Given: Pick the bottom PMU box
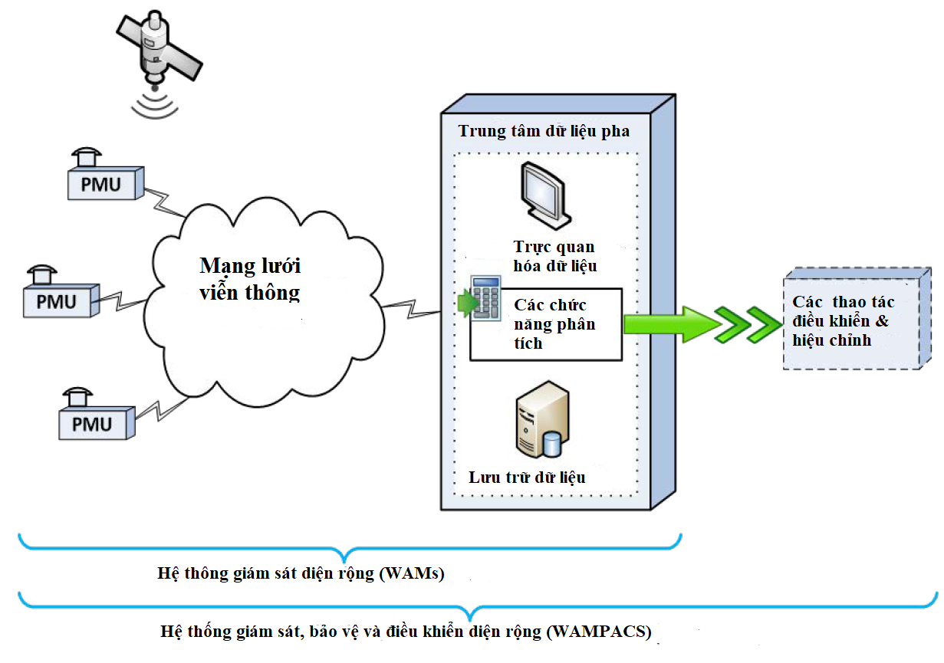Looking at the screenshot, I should [93, 422].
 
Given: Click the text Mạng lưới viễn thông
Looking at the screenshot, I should [250, 279].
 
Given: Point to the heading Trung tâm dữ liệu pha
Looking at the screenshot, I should [544, 131].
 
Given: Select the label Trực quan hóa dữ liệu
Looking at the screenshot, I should [554, 257].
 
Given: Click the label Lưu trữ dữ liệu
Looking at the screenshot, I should [527, 478].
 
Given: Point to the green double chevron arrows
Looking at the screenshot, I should [743, 324].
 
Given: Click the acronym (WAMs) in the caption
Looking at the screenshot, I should [412, 573].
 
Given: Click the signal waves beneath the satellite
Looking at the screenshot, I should [154, 106].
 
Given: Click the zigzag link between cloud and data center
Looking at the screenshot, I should [411, 307].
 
